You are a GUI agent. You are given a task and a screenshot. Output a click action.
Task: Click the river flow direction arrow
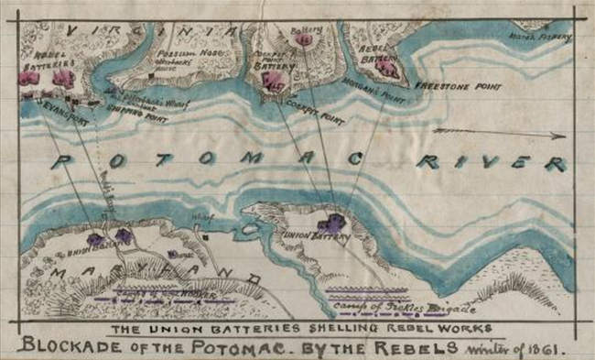click(500, 134)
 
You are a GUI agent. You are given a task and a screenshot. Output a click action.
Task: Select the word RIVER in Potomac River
click(491, 164)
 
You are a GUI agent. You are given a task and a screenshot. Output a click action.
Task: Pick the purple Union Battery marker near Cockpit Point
click(332, 224)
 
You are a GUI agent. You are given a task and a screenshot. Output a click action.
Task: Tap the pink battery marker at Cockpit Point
click(272, 82)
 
